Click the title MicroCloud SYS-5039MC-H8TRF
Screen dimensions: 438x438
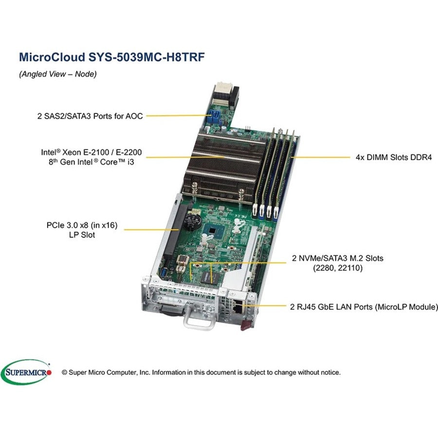click(x=112, y=56)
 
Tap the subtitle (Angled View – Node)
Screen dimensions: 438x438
click(x=58, y=74)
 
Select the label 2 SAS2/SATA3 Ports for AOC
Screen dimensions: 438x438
click(x=90, y=116)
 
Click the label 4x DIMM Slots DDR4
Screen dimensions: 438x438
click(x=393, y=157)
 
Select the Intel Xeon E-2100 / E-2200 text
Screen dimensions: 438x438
click(x=91, y=152)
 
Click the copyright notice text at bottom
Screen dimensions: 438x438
click(x=201, y=372)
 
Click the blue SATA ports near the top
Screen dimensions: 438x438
click(x=216, y=118)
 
